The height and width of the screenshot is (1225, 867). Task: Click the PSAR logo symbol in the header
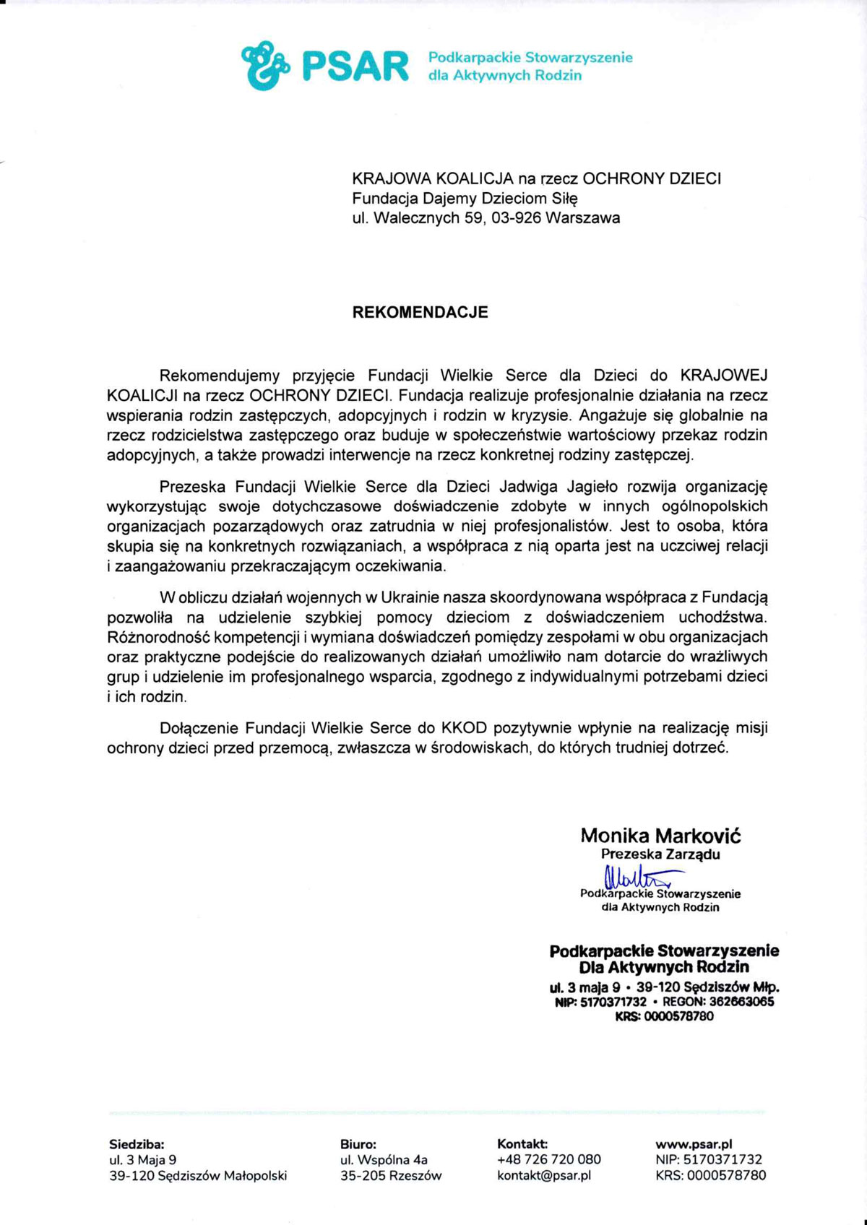pyautogui.click(x=264, y=64)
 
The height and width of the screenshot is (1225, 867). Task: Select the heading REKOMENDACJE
pyautogui.click(x=420, y=312)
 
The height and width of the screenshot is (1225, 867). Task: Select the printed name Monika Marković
pyautogui.click(x=660, y=836)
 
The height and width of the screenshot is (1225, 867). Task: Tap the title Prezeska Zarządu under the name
pyautogui.click(x=660, y=854)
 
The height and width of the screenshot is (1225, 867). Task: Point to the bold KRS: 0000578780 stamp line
pyautogui.click(x=664, y=1016)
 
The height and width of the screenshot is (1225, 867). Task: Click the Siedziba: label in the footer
pyautogui.click(x=137, y=1144)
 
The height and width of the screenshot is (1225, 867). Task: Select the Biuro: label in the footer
pyautogui.click(x=358, y=1144)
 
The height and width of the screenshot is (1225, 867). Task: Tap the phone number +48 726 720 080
pyautogui.click(x=549, y=1159)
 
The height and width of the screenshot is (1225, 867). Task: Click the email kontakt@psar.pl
pyautogui.click(x=544, y=1175)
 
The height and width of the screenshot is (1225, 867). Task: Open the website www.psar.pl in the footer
pyautogui.click(x=694, y=1144)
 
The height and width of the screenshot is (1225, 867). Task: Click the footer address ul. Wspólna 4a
pyautogui.click(x=384, y=1159)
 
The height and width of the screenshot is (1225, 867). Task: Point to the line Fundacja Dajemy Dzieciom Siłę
pyautogui.click(x=465, y=198)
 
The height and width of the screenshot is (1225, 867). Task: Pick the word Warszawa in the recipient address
pyautogui.click(x=583, y=217)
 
